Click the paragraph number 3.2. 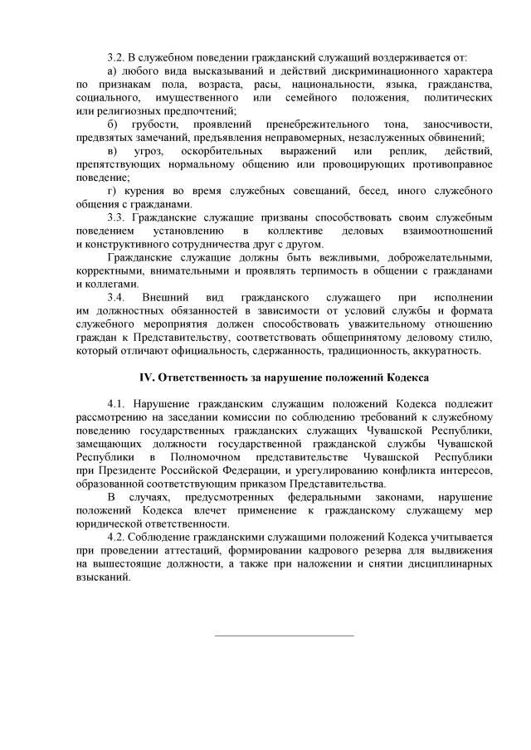115,58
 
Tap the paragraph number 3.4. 116,297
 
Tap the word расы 314,85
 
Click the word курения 144,192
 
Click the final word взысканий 103,578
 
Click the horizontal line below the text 284,636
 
